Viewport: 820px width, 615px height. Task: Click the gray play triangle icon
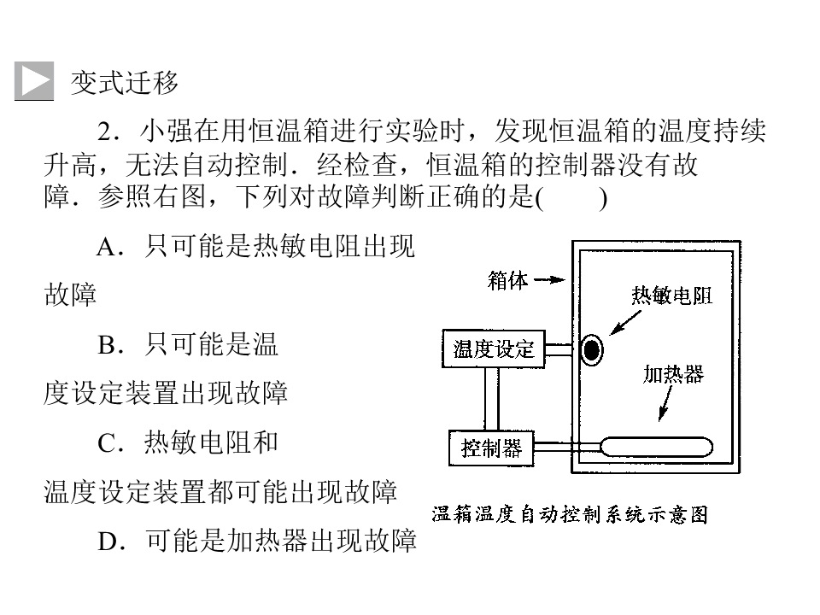tap(34, 80)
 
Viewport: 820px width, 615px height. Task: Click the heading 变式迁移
tap(125, 83)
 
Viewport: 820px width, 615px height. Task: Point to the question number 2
tap(107, 132)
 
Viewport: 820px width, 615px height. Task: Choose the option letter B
tap(108, 344)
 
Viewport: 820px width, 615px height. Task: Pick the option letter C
tap(108, 443)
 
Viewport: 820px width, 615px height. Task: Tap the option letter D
tap(108, 542)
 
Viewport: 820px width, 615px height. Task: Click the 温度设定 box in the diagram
tap(494, 348)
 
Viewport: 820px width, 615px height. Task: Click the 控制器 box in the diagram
tap(491, 448)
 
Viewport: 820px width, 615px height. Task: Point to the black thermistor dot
tap(591, 350)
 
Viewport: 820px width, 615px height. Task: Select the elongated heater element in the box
tap(656, 447)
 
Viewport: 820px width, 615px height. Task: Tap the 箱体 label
tap(507, 280)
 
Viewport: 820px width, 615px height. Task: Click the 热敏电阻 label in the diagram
tap(671, 296)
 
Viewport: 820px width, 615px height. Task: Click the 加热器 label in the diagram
tap(673, 374)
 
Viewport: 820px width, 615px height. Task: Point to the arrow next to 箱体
tap(549, 280)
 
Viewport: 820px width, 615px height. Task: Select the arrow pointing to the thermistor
tap(625, 323)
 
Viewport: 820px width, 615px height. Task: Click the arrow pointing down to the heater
tap(665, 404)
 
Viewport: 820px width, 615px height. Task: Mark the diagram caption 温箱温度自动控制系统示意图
tap(570, 514)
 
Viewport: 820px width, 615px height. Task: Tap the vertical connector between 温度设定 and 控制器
tap(491, 399)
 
